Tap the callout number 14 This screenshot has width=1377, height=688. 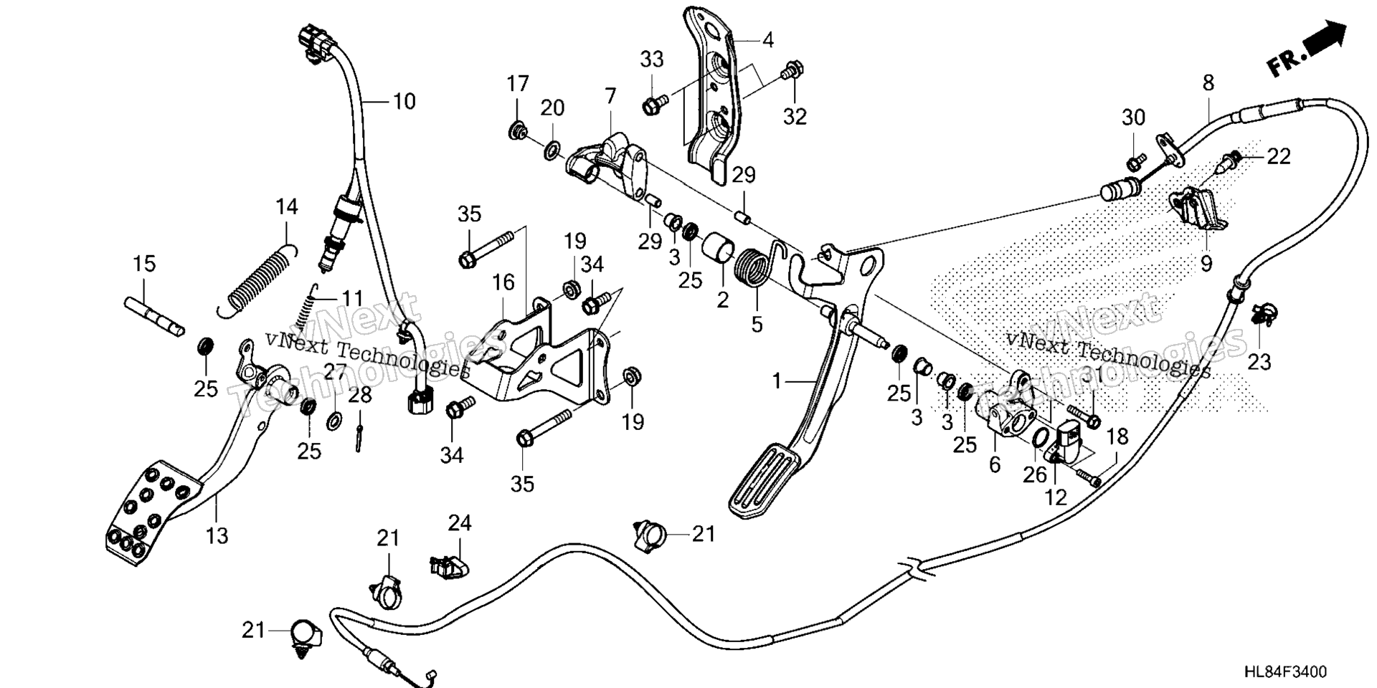click(286, 207)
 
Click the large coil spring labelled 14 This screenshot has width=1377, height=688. click(256, 281)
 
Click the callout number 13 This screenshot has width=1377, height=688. click(217, 535)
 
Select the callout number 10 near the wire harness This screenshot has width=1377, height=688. click(404, 102)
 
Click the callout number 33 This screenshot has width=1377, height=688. click(652, 60)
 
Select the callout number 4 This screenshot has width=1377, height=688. click(767, 40)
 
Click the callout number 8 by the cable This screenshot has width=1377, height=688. click(1208, 83)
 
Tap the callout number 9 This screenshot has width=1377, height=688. click(1206, 264)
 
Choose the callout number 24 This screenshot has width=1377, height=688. click(460, 523)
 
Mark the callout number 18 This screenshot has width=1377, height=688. click(1117, 436)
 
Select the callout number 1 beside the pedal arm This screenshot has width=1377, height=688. click(776, 382)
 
